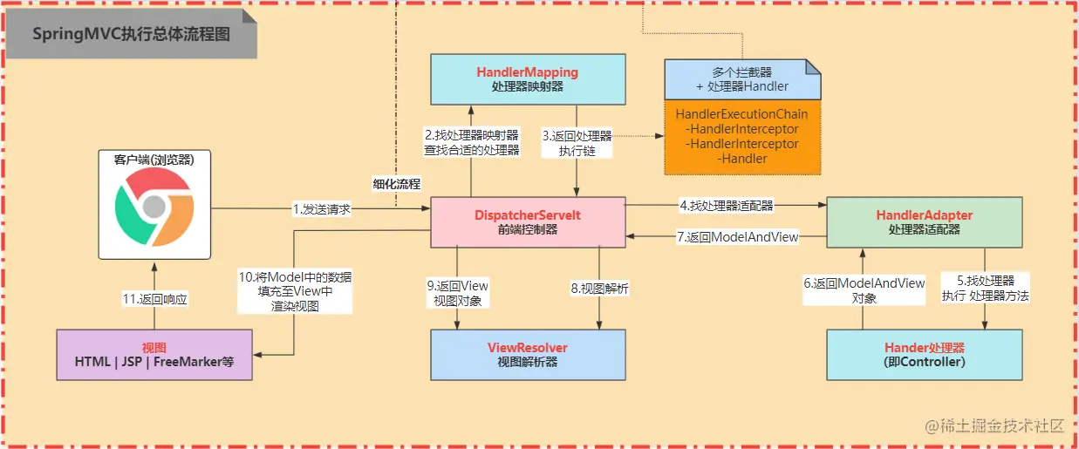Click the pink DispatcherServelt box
tap(528, 222)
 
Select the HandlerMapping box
tap(527, 78)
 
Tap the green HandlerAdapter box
tap(924, 222)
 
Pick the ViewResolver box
tap(527, 354)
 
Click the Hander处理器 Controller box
tap(924, 354)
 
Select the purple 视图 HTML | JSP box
tap(154, 354)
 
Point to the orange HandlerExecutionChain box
tap(742, 137)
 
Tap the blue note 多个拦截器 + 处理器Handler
tap(742, 79)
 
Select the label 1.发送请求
tap(322, 209)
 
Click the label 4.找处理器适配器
tap(726, 207)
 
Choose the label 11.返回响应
tap(155, 298)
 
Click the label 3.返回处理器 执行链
tap(577, 142)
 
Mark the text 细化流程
tap(396, 184)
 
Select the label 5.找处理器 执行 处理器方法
tap(985, 289)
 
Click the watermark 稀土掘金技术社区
tap(995, 425)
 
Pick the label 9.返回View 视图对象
tap(457, 293)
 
